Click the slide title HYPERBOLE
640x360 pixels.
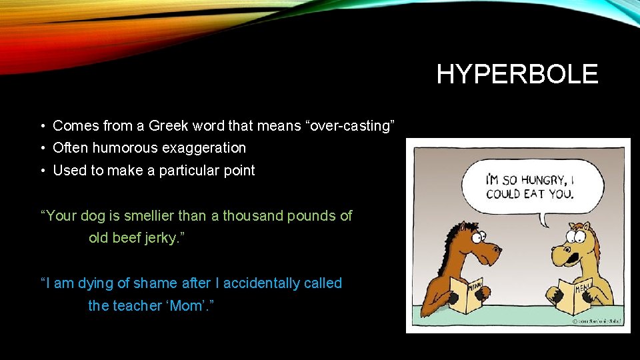coord(517,74)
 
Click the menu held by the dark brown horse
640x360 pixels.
coord(468,293)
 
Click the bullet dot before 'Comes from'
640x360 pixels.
coord(42,126)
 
